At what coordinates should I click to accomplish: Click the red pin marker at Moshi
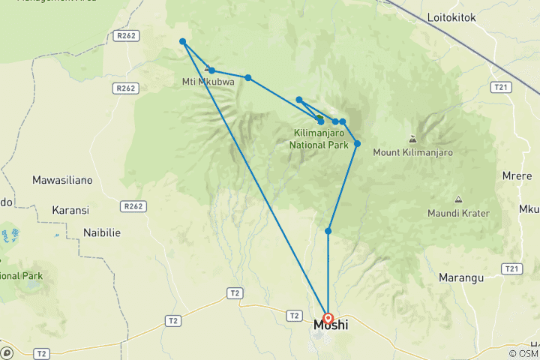pyautogui.click(x=328, y=319)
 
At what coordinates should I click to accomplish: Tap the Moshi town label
pyautogui.click(x=330, y=326)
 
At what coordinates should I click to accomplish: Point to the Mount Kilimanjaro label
pyautogui.click(x=412, y=152)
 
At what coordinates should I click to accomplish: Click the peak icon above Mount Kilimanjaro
pyautogui.click(x=412, y=139)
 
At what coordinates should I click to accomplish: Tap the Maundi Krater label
pyautogui.click(x=458, y=213)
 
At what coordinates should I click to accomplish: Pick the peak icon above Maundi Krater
pyautogui.click(x=458, y=199)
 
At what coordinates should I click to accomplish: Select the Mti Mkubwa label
pyautogui.click(x=208, y=82)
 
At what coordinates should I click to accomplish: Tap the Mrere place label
pyautogui.click(x=517, y=176)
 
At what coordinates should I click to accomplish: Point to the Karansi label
pyautogui.click(x=70, y=210)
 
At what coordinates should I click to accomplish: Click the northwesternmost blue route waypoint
pyautogui.click(x=182, y=42)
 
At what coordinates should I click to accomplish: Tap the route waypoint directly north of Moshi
pyautogui.click(x=328, y=231)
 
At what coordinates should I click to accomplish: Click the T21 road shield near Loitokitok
pyautogui.click(x=501, y=88)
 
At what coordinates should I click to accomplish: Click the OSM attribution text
pyautogui.click(x=523, y=353)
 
